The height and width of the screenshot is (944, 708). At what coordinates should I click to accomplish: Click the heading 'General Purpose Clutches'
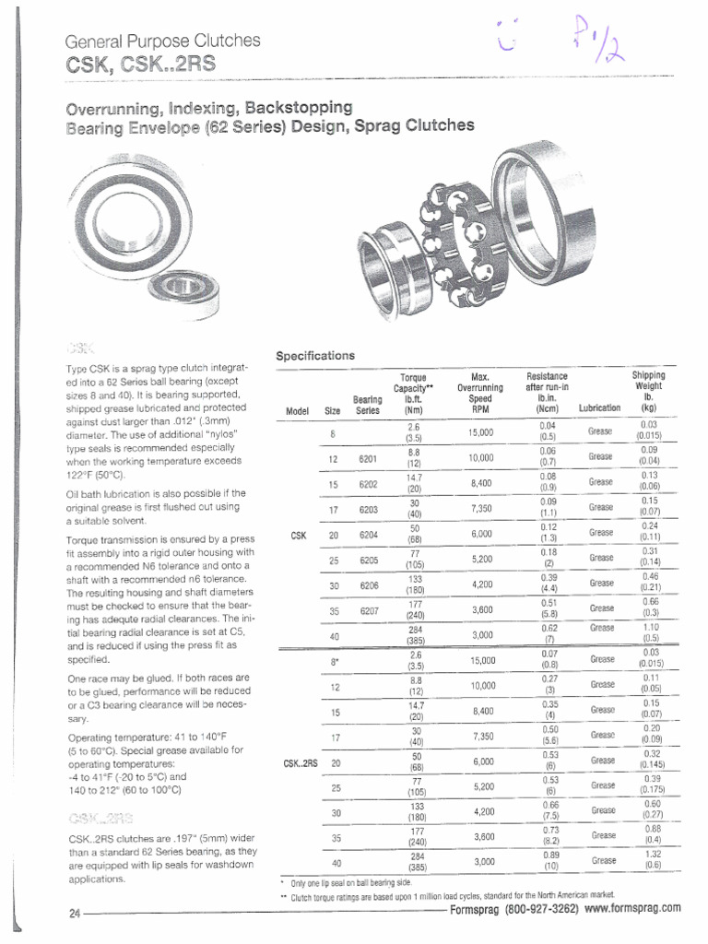pyautogui.click(x=162, y=41)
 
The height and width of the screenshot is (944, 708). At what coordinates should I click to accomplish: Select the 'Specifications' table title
pyautogui.click(x=316, y=355)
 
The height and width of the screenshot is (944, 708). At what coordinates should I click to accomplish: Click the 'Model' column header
pyautogui.click(x=298, y=410)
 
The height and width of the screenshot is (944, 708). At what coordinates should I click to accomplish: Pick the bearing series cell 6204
pyautogui.click(x=368, y=533)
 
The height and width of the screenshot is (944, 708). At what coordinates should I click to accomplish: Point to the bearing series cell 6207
pyautogui.click(x=368, y=609)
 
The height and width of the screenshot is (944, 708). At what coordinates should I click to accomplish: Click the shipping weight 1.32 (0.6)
pyautogui.click(x=651, y=859)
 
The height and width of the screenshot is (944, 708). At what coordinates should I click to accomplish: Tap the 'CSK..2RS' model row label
pyautogui.click(x=301, y=762)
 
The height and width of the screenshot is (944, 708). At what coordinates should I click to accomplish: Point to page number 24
pyautogui.click(x=74, y=914)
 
